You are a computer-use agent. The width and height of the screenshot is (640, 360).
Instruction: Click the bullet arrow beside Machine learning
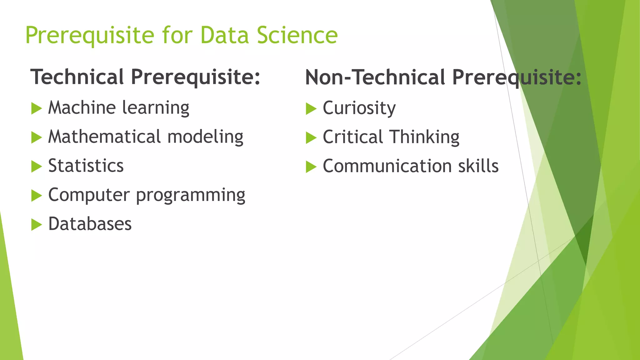pyautogui.click(x=37, y=109)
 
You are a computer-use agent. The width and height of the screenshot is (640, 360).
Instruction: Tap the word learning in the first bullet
pyautogui.click(x=156, y=108)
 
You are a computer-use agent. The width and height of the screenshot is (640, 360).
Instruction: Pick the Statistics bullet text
pyautogui.click(x=86, y=166)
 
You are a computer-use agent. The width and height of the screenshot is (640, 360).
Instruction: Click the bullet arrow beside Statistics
pyautogui.click(x=37, y=167)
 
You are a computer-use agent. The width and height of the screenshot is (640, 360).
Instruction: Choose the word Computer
pyautogui.click(x=89, y=195)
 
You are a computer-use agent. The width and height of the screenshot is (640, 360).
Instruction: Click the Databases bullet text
pyautogui.click(x=90, y=224)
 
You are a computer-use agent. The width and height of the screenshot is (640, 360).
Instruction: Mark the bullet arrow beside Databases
pyautogui.click(x=37, y=225)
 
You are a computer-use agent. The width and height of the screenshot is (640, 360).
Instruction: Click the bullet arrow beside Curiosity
pyautogui.click(x=311, y=109)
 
